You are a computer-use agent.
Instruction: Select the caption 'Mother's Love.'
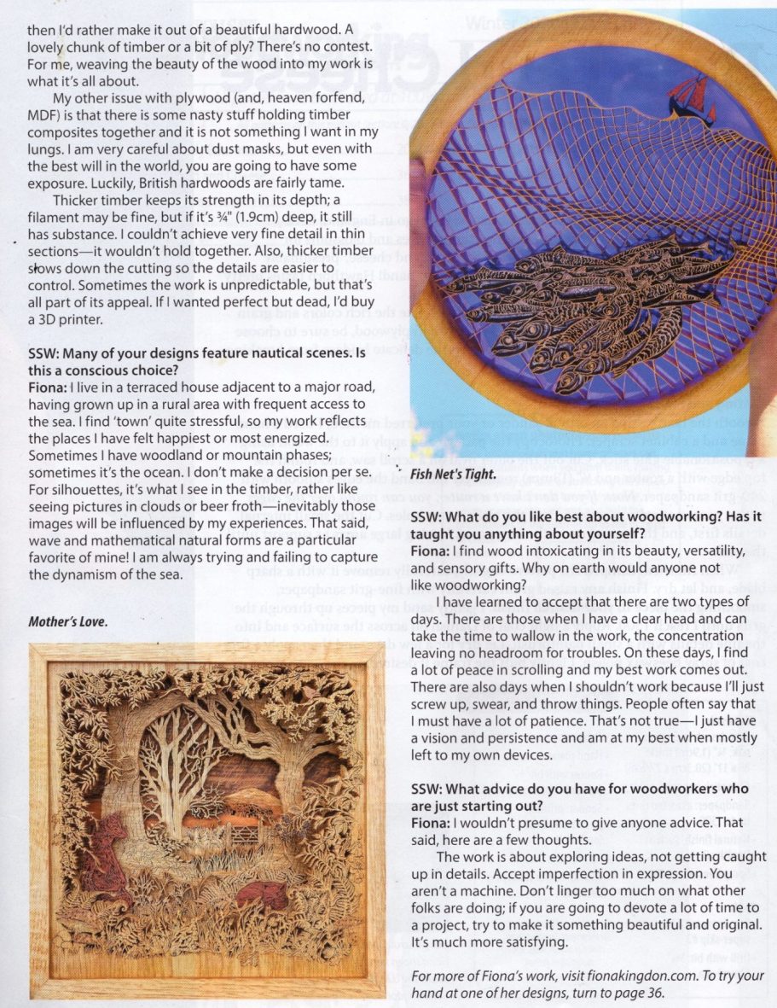tap(67, 621)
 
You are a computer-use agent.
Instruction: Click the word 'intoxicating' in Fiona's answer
tap(549, 551)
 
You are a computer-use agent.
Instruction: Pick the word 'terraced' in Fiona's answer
tap(118, 387)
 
